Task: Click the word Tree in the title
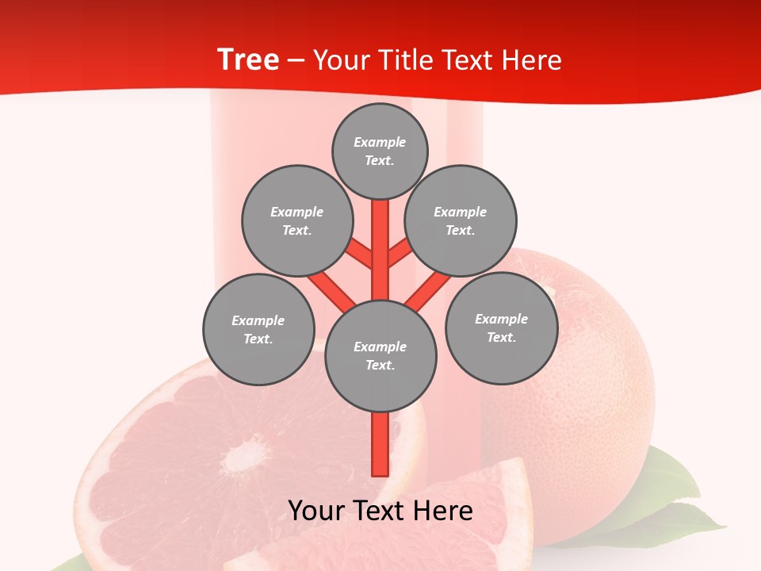pos(248,60)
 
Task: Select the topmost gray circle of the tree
pos(380,151)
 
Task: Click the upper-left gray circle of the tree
pos(297,220)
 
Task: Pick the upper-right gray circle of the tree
pos(461,220)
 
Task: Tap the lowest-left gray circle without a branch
pos(258,329)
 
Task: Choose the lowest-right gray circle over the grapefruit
pos(502,328)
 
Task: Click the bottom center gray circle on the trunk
pos(380,355)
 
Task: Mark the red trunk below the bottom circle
pos(380,444)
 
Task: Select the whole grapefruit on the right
pos(587,373)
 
